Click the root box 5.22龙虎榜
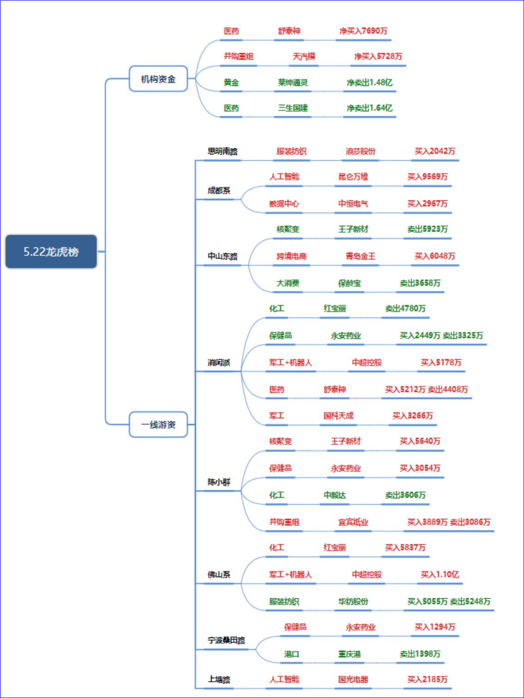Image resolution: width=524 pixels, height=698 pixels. tap(51, 252)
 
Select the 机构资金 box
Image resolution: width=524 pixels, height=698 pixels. tap(158, 78)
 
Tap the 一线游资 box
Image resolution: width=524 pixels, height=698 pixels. tap(158, 424)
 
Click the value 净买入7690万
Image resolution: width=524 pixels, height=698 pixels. tap(363, 31)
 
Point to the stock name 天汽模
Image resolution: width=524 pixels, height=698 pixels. tap(304, 56)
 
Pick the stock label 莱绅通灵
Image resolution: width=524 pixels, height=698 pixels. tap(292, 82)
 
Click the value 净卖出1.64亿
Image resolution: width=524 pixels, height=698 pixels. tap(369, 108)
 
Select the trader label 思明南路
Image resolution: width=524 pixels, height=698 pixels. tap(222, 151)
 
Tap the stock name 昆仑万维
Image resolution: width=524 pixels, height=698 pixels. tap(353, 176)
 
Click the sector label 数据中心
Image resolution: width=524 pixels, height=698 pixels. tap(284, 203)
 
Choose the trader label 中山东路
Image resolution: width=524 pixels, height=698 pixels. tap(222, 256)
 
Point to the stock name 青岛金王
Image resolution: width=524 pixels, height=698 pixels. tap(360, 256)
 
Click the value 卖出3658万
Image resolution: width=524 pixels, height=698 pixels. tap(420, 283)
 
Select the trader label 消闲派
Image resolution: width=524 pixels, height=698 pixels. tap(219, 362)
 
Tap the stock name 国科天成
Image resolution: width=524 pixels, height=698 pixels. tap(339, 415)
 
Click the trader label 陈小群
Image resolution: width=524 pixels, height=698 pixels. tap(219, 482)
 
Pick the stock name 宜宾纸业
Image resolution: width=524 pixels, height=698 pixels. tap(353, 522)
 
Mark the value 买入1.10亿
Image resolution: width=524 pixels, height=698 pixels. tap(440, 574)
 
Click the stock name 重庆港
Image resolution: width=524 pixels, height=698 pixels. tap(349, 654)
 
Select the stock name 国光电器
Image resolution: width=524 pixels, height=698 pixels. tap(353, 679)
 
